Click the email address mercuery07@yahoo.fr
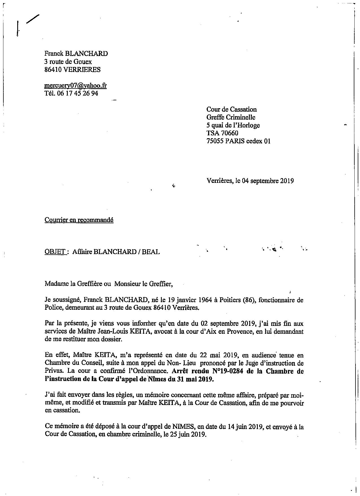coord(75,86)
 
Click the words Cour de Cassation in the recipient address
coord(232,109)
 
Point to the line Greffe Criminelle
coord(231,117)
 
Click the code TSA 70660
coord(222,133)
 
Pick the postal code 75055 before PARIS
coord(215,141)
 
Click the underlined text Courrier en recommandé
coord(79,220)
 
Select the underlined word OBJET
coord(55,252)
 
